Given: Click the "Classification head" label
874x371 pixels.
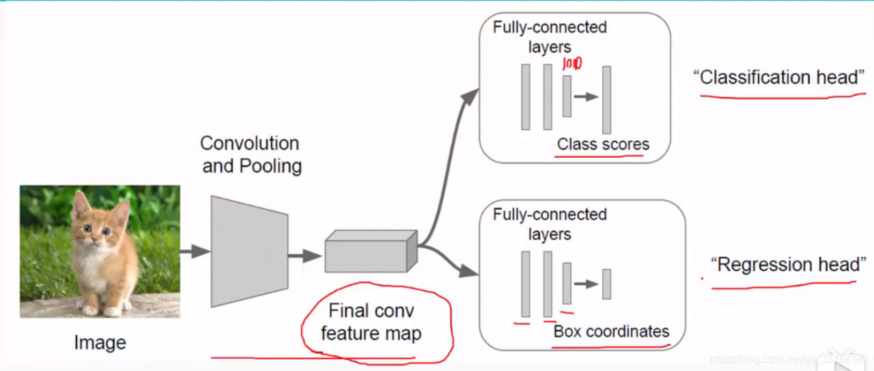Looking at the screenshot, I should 779,77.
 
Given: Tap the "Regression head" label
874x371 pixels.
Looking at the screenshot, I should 789,264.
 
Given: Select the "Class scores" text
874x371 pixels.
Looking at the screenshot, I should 603,145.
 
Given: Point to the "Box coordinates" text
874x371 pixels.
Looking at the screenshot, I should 611,332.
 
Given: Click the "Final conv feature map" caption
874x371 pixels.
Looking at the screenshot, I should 371,322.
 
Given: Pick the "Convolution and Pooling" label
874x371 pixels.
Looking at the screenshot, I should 251,154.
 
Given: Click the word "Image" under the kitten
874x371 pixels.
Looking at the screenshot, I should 100,342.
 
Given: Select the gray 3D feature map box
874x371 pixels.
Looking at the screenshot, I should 369,252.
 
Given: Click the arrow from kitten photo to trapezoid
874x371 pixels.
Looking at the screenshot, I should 195,251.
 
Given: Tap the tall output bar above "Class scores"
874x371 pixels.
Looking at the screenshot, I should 606,100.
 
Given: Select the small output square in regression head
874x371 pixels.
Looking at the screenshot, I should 606,284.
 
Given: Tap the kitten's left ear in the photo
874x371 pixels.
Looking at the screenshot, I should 81,204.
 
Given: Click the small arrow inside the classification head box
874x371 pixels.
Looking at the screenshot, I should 586,97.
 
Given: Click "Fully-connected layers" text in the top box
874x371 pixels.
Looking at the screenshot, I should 550,38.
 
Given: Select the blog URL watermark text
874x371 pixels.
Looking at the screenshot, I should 789,359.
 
